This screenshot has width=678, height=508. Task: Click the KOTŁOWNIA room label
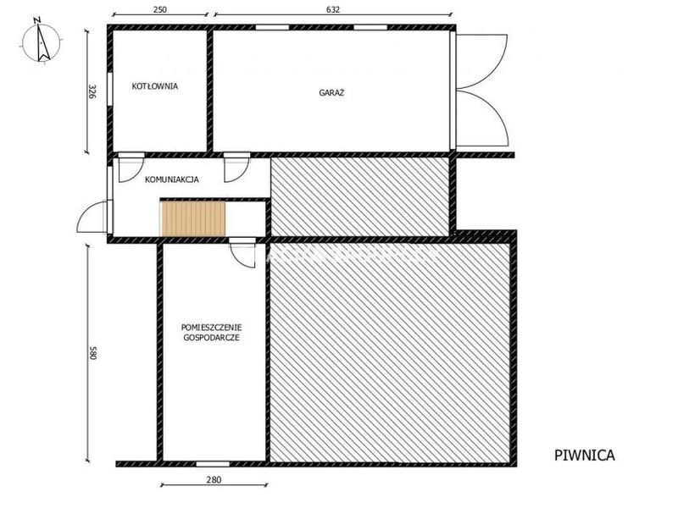point(155,86)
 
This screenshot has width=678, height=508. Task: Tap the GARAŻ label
point(331,92)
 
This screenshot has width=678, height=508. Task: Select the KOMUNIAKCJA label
point(172,179)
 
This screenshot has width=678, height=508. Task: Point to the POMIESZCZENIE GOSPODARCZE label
point(211,332)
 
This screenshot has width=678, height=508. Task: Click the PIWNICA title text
point(584,456)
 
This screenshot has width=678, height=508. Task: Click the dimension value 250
point(160,9)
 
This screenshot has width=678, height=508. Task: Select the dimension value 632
point(332,9)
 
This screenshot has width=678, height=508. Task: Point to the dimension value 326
point(92,91)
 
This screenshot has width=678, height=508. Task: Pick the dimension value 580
point(92,352)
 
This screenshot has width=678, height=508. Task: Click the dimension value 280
point(214,479)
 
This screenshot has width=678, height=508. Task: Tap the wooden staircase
point(193,218)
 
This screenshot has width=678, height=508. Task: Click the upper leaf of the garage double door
point(481,61)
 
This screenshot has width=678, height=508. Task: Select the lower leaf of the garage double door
point(481,119)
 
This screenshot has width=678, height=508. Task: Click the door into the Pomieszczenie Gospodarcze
point(242,252)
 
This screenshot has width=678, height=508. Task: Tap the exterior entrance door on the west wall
point(92,217)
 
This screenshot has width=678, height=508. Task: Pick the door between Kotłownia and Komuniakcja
point(131,167)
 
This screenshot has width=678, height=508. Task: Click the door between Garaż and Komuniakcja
point(236,167)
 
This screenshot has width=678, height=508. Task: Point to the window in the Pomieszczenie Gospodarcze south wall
point(213,464)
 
